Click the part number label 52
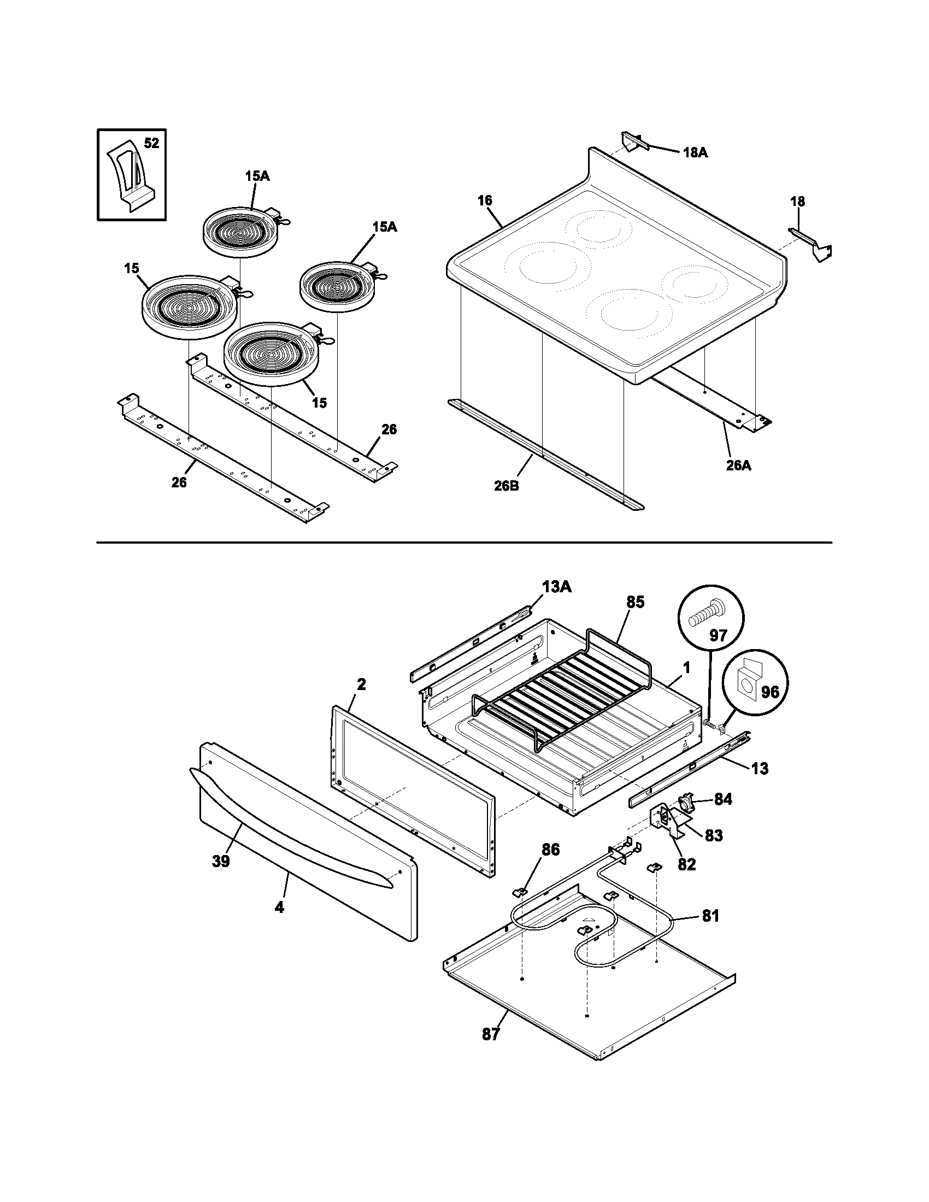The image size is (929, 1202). click(x=151, y=144)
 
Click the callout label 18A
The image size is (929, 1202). click(x=695, y=153)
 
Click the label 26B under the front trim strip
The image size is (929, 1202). click(x=507, y=486)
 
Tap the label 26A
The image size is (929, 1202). click(x=738, y=466)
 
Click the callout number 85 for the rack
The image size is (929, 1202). click(x=634, y=602)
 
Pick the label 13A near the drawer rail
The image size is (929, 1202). click(x=557, y=587)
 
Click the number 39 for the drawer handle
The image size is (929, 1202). click(x=221, y=861)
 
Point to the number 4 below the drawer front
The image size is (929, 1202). click(x=279, y=907)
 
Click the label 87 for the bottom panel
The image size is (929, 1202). click(x=490, y=1034)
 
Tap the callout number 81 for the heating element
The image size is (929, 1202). click(x=710, y=916)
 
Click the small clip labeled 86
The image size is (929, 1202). click(x=521, y=889)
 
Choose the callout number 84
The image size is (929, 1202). click(x=723, y=800)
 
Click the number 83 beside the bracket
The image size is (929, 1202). click(x=713, y=835)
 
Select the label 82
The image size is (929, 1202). click(x=686, y=864)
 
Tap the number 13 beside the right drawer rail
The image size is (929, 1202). click(x=760, y=769)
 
